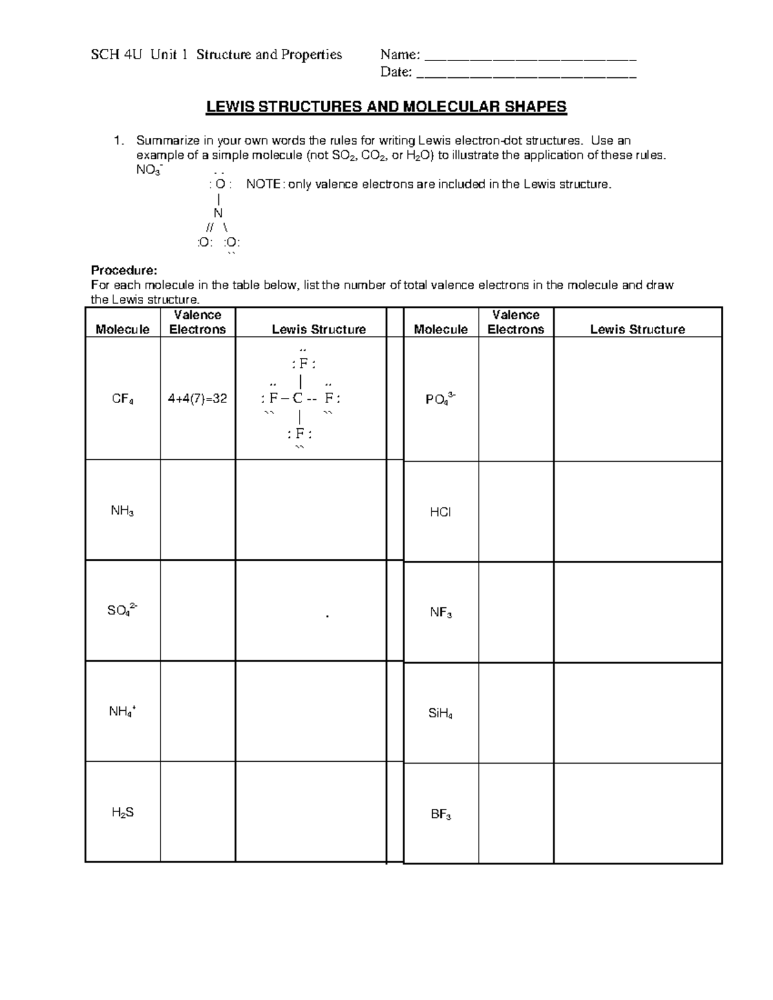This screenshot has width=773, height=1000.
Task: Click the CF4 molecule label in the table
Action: [122, 399]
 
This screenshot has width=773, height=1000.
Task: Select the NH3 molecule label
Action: [122, 511]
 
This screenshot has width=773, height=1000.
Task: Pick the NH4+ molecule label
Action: [122, 712]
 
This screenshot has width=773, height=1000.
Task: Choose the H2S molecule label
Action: [122, 813]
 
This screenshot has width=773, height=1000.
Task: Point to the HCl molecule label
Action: [441, 513]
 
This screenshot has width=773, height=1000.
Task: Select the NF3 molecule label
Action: [441, 613]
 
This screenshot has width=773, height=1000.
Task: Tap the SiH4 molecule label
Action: [441, 713]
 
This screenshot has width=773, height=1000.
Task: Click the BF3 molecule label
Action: [441, 815]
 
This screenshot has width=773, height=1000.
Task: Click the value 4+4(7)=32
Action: [197, 399]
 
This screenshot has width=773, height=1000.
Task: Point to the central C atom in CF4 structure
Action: [297, 399]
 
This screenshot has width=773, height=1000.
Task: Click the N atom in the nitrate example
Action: [218, 213]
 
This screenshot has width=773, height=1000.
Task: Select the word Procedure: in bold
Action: [124, 270]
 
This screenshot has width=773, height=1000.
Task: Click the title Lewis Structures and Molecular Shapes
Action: [386, 107]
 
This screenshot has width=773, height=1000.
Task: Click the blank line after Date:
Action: [526, 73]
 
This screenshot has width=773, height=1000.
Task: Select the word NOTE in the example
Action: [263, 185]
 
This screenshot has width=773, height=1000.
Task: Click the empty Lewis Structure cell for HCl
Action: [637, 511]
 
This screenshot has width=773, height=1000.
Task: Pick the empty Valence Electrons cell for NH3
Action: [197, 510]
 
